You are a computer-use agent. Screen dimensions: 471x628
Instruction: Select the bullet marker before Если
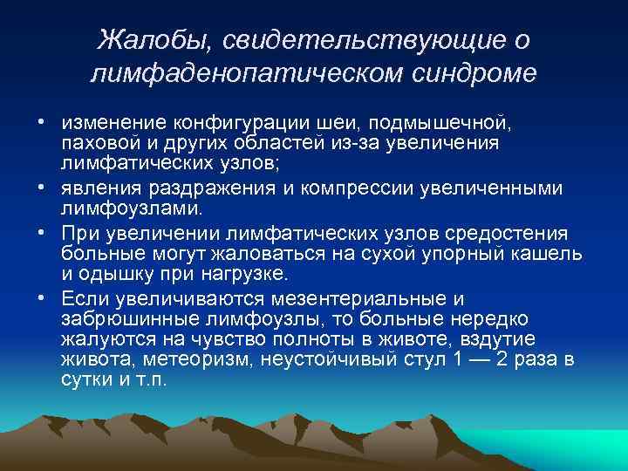pyautogui.click(x=41, y=297)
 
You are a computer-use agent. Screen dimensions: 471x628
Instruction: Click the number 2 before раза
pyautogui.click(x=502, y=360)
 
